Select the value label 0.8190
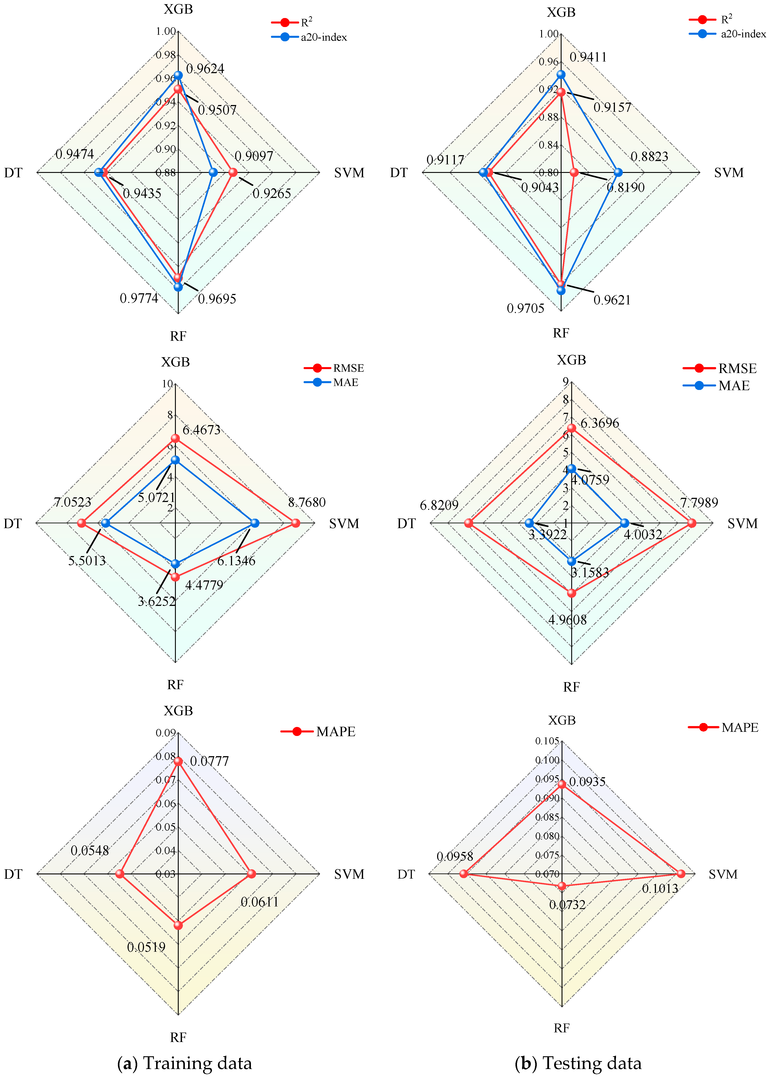(626, 188)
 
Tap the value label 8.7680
(307, 502)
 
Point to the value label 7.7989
(699, 502)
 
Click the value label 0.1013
(660, 888)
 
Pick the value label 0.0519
(146, 947)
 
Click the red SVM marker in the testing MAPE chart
(681, 873)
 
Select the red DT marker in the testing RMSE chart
(468, 523)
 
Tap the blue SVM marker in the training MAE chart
(254, 523)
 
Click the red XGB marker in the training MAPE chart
(178, 761)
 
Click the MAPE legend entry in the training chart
(318, 731)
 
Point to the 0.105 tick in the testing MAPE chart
(547, 741)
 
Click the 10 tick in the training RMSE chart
(167, 384)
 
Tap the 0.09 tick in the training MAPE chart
(166, 733)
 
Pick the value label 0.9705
(526, 308)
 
